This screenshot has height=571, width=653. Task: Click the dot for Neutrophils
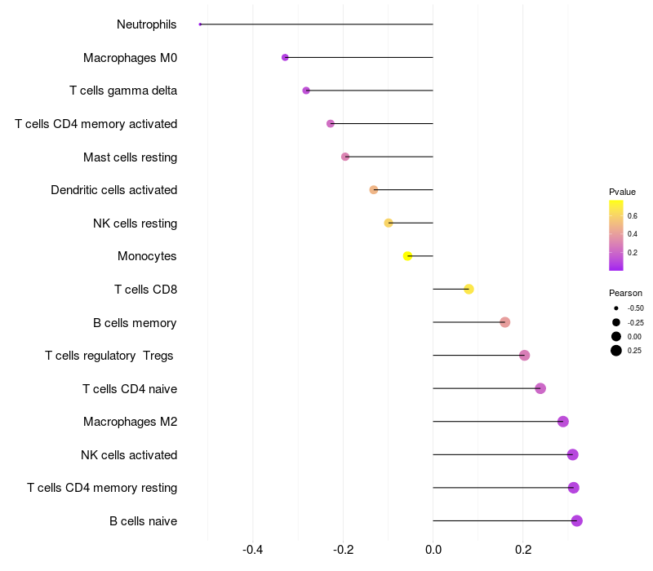pos(200,24)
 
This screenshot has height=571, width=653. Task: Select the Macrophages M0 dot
pos(285,57)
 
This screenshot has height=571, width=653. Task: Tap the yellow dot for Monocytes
pos(408,256)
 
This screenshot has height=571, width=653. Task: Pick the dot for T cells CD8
pos(469,289)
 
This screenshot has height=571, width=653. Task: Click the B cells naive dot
pos(577,520)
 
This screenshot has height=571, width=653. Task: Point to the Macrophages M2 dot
pos(563,421)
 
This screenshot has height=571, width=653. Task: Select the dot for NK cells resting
pos(389,223)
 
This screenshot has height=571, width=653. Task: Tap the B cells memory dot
pos(504,322)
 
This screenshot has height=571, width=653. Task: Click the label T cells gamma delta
pos(123,91)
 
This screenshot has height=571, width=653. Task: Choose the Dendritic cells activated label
pos(114,190)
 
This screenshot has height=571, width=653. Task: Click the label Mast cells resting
pos(131,157)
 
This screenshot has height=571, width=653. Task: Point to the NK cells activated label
pos(129,454)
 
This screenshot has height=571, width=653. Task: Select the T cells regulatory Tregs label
pos(109,356)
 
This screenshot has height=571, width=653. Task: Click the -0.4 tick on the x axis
pos(253,549)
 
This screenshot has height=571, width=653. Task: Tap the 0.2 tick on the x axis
pos(523,549)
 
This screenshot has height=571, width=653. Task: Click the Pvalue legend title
pos(622,192)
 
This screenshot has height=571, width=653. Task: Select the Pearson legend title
pos(625,293)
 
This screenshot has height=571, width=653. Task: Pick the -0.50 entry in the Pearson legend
pos(635,308)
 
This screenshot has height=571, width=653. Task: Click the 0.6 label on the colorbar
pos(632,215)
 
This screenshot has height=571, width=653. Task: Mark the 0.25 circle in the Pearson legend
pos(616,351)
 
